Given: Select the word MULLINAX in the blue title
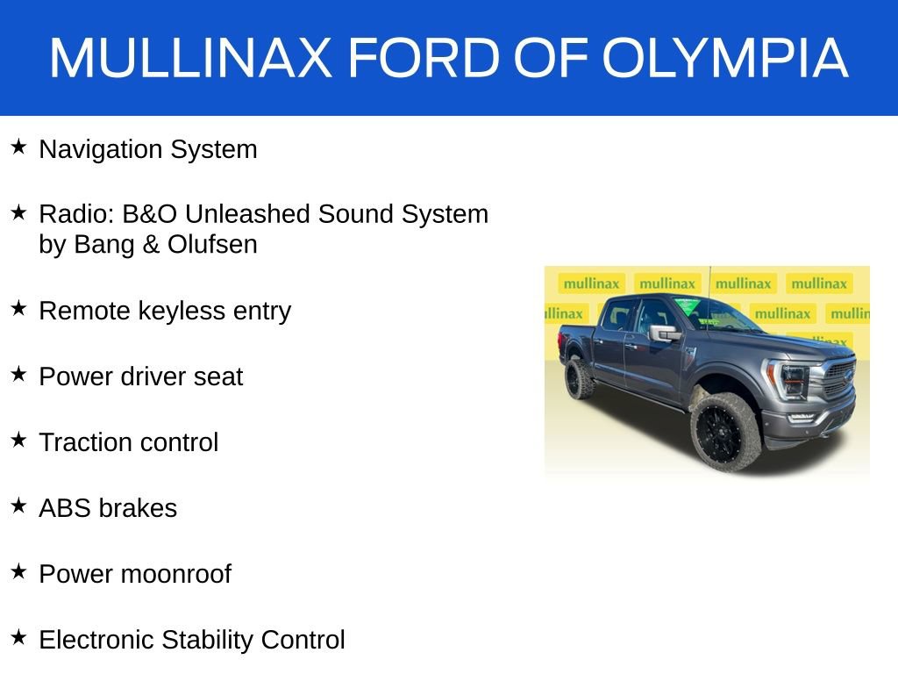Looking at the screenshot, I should (191, 59).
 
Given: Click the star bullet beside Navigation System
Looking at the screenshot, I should (18, 147).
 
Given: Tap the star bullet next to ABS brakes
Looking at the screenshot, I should (18, 506).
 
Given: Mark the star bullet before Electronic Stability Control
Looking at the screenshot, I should (18, 638).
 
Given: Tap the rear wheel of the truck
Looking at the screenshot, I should (580, 377).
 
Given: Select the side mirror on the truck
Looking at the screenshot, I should (664, 333).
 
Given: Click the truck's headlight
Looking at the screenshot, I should (790, 379).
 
